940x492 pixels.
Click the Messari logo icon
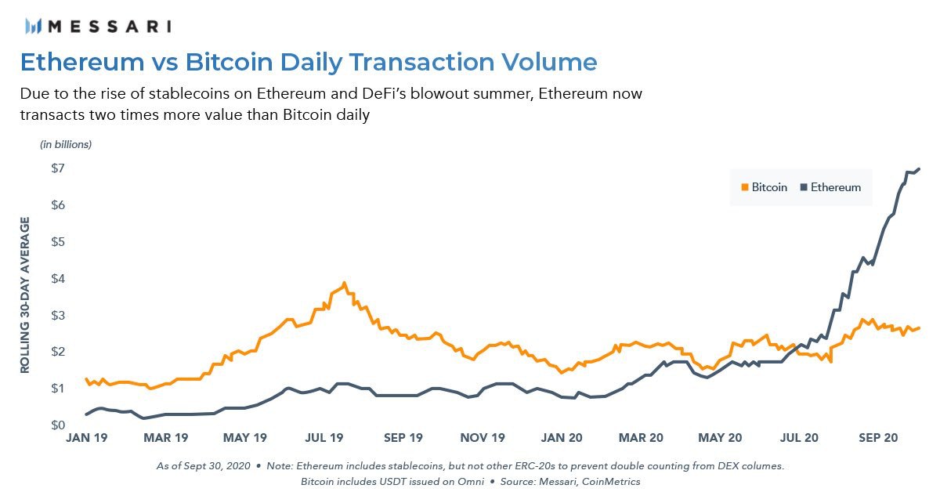click(x=34, y=26)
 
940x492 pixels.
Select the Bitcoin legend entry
click(x=764, y=187)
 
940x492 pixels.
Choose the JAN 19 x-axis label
click(x=86, y=438)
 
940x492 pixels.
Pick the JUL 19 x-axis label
click(x=324, y=438)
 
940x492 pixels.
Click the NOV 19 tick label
click(x=483, y=438)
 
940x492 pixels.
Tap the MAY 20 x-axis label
click(x=721, y=438)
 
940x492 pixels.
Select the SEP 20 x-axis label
click(x=879, y=438)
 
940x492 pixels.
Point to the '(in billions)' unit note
click(x=66, y=145)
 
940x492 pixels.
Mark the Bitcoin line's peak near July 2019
click(x=344, y=283)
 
